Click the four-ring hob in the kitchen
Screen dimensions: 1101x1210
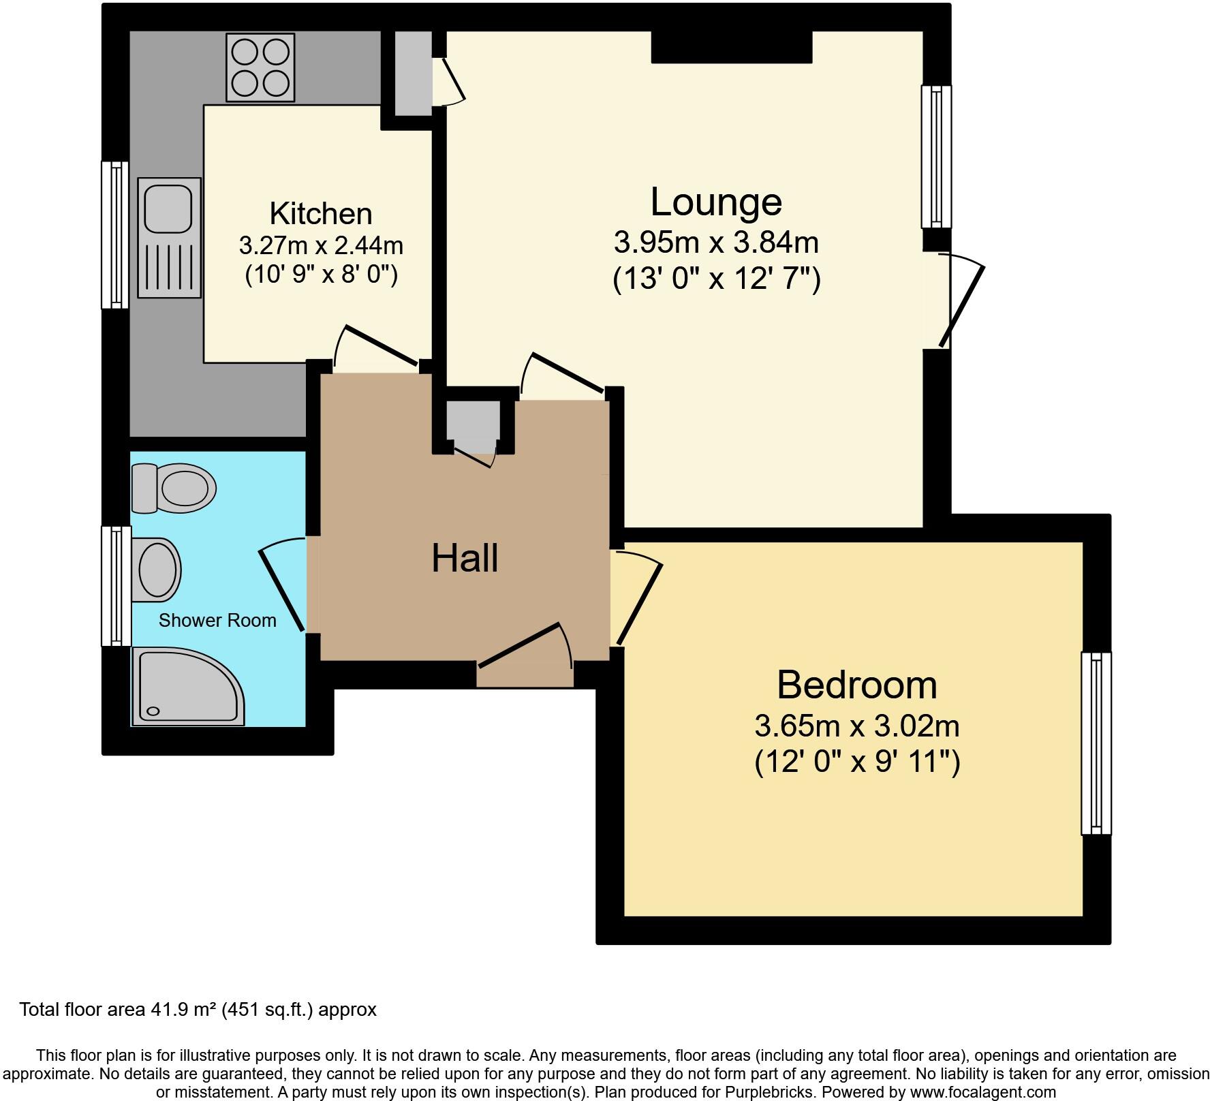click(x=262, y=67)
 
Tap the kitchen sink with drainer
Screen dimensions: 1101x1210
click(x=170, y=237)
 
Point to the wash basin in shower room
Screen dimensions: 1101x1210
click(x=158, y=570)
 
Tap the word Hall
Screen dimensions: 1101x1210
click(x=465, y=558)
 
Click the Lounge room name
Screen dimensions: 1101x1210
click(x=715, y=202)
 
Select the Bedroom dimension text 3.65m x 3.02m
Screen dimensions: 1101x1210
click(x=856, y=726)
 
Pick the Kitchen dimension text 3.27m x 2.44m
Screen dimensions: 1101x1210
click(x=321, y=244)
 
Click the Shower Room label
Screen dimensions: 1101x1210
click(x=217, y=620)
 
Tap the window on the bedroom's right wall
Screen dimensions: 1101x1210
click(x=1096, y=743)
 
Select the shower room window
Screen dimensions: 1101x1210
click(x=116, y=585)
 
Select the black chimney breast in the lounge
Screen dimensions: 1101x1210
click(x=731, y=47)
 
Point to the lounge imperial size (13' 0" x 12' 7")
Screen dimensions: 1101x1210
click(x=716, y=279)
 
